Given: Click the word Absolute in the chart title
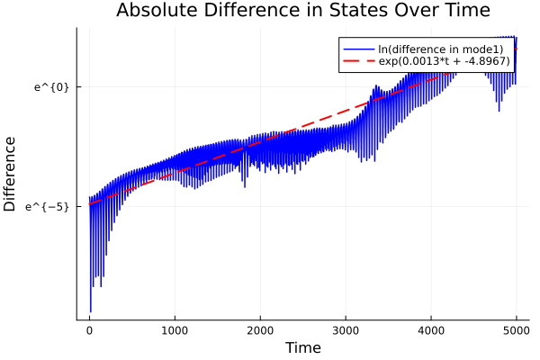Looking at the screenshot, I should (153, 11).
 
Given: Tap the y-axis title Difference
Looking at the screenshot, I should (11, 174).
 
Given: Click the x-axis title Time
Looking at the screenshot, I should (302, 348).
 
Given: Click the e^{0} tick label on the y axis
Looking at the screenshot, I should (52, 87).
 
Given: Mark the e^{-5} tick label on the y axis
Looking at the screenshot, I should (49, 207).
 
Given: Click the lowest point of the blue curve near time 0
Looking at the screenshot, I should (91, 310).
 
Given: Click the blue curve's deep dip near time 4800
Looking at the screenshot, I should (499, 111).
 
